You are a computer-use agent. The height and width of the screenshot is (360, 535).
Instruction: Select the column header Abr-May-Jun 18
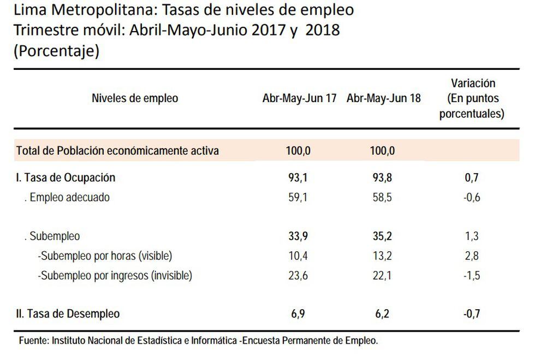coord(383,99)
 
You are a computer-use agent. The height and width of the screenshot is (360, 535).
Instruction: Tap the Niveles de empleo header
coord(135,98)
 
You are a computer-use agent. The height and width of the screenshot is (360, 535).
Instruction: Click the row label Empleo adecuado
coord(69,198)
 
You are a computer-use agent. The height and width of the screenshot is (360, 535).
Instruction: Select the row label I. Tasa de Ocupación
coord(66,178)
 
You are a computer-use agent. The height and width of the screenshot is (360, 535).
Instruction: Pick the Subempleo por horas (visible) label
coord(105,256)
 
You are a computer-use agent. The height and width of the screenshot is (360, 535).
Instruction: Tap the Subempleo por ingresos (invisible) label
coord(115,276)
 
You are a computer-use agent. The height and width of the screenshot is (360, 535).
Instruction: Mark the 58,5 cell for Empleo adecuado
coord(383,198)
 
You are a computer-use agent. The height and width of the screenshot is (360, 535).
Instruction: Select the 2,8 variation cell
coord(473,256)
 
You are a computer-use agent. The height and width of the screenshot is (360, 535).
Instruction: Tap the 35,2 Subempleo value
coord(383,237)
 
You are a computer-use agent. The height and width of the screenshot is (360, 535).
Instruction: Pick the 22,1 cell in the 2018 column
coord(383,276)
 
